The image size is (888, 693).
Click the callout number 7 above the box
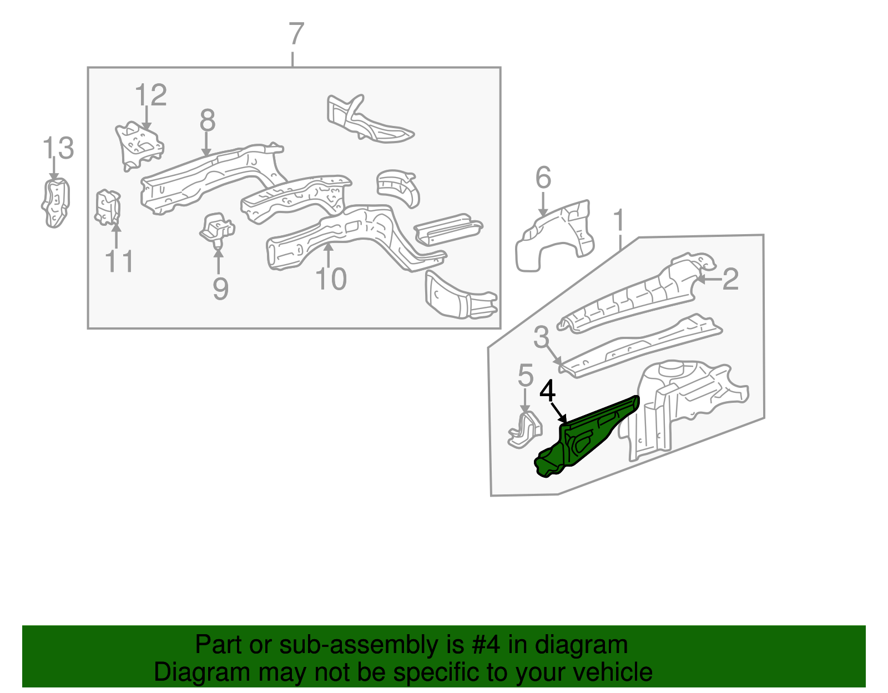click(296, 34)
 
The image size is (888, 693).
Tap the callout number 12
click(150, 95)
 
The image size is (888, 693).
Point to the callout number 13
click(58, 148)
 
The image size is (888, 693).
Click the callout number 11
click(119, 261)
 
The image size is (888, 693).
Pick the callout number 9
click(220, 289)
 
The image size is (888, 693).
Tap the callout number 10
click(331, 279)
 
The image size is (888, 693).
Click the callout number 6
click(543, 178)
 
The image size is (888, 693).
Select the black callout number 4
click(547, 391)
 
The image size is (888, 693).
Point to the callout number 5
click(525, 376)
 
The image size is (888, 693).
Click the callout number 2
click(730, 279)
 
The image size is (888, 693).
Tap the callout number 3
click(541, 337)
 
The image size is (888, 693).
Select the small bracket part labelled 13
click(56, 203)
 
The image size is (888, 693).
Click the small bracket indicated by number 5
click(524, 431)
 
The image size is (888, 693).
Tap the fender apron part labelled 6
click(555, 236)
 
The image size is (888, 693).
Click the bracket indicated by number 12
click(139, 144)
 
